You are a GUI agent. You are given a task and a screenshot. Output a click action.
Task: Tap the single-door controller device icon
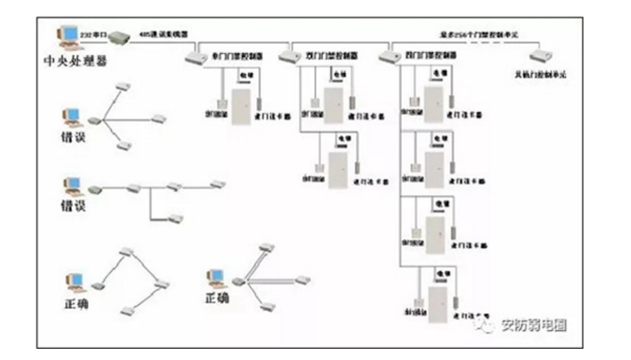(x=195, y=55)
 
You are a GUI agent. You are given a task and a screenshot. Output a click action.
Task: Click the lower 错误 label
(x=73, y=205)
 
